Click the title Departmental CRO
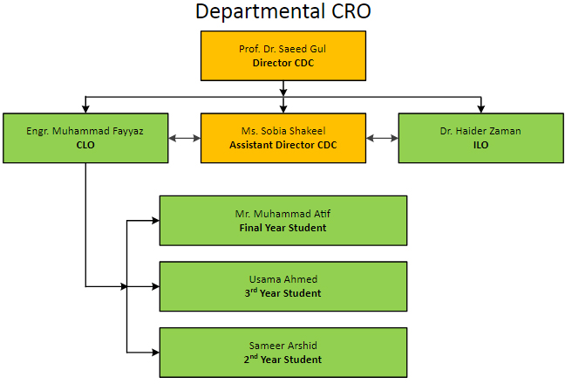click(283, 11)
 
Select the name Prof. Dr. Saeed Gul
click(283, 49)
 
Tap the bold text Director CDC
click(283, 63)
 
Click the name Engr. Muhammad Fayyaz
click(85, 131)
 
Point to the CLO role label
click(85, 145)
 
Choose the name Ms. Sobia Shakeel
click(283, 131)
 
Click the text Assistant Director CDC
click(283, 145)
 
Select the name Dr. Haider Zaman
click(480, 131)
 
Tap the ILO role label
click(480, 145)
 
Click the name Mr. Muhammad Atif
click(283, 214)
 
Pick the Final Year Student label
click(283, 228)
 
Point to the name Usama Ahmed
click(283, 279)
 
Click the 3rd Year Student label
click(283, 292)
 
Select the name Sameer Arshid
click(283, 346)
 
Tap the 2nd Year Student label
click(283, 360)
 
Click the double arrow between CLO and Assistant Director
click(185, 139)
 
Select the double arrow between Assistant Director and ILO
click(382, 139)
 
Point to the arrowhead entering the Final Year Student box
click(156, 221)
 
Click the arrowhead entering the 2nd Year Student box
click(156, 353)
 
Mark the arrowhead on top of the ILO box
click(480, 109)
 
